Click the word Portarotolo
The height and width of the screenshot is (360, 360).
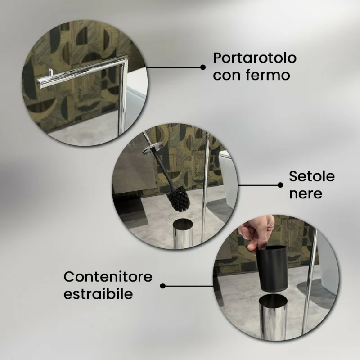(255, 58)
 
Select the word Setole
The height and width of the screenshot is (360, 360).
(312, 176)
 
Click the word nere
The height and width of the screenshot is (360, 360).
(306, 194)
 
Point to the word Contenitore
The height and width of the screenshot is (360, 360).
(108, 277)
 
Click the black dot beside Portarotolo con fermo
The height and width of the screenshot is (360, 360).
(203, 67)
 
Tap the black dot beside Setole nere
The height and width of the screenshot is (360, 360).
(280, 185)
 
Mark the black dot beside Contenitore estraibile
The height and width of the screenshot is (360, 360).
(162, 286)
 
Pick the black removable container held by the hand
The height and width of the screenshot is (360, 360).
(272, 268)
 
